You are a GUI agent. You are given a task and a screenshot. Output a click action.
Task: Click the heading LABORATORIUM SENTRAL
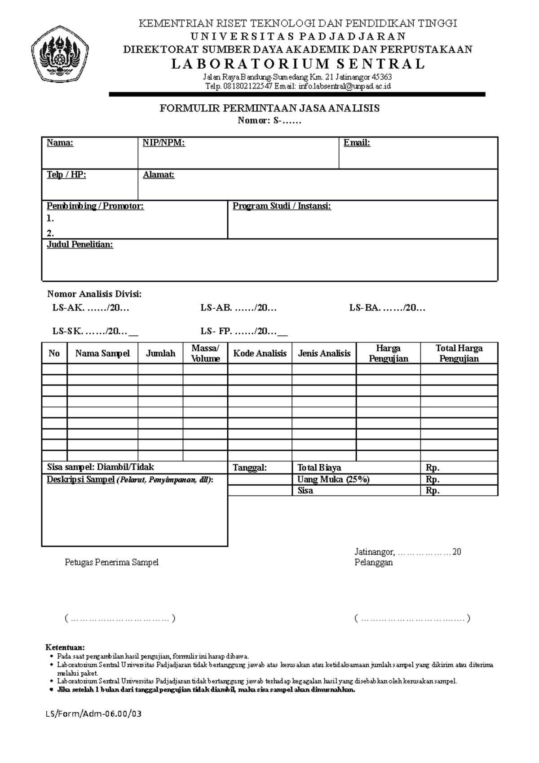point(297,64)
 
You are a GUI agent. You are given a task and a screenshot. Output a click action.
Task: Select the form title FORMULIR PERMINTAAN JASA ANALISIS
point(269,108)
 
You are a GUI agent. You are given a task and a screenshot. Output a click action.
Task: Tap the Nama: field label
point(60,143)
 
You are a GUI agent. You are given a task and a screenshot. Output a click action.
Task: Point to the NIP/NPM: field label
point(163,143)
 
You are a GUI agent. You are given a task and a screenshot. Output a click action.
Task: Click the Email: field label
point(357,143)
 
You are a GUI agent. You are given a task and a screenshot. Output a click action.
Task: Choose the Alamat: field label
point(158,175)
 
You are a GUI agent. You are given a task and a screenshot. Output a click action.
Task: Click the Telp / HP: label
point(66,175)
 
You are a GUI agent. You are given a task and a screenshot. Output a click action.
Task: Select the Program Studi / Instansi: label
point(282,206)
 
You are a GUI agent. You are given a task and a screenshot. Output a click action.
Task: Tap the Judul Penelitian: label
point(80,245)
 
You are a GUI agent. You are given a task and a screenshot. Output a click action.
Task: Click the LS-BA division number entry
point(387,308)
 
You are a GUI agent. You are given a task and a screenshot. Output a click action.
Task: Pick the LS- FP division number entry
point(244,332)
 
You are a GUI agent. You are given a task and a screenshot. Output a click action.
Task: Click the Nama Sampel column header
point(102,354)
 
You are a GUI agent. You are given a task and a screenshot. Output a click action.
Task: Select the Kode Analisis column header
point(260,354)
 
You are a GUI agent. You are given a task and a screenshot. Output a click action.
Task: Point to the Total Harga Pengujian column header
point(459,353)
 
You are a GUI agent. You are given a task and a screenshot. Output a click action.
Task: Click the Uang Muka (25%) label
point(333,479)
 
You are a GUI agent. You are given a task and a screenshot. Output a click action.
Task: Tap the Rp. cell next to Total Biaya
point(433,468)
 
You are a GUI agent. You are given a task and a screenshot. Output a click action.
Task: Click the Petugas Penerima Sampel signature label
point(112,563)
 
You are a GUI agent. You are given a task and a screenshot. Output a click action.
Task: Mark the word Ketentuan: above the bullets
point(65,648)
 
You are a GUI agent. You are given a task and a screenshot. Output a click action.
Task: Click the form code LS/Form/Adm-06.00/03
point(93,714)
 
